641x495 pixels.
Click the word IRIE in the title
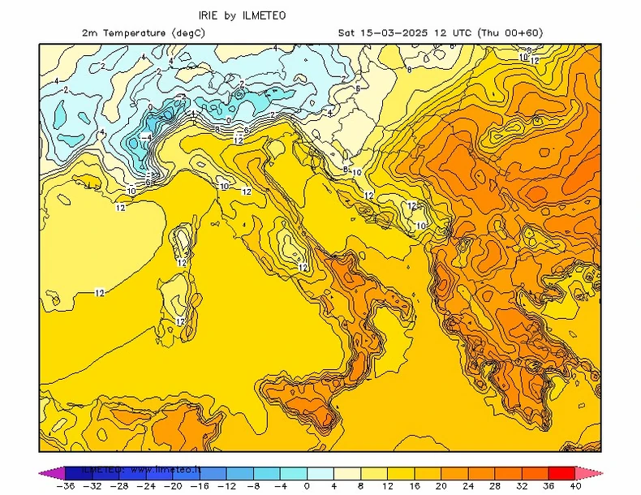click(210, 15)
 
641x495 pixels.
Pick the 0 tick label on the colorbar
click(307, 486)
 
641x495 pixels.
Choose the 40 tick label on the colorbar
click(576, 486)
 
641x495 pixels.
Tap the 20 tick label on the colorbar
click(441, 486)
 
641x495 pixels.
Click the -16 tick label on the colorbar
click(200, 486)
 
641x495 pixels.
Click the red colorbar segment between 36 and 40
click(562, 472)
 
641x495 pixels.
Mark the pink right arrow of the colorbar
click(588, 472)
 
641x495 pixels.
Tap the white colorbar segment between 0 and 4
click(320, 472)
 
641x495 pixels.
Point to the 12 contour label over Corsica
click(183, 262)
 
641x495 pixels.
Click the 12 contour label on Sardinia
click(180, 321)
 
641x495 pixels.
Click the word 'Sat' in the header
click(347, 32)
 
